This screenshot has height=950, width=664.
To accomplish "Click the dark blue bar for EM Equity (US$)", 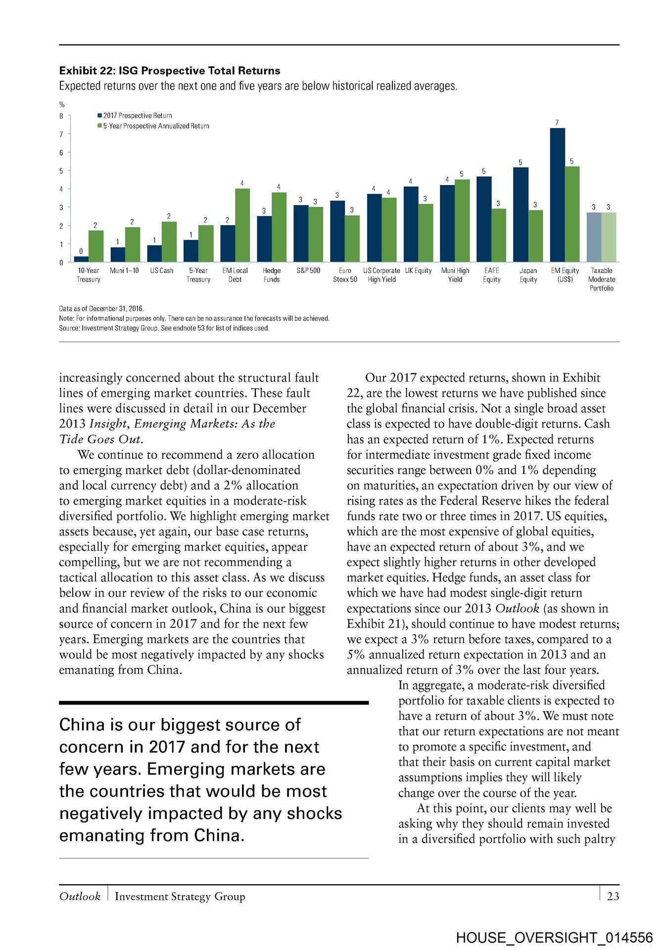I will click(557, 195).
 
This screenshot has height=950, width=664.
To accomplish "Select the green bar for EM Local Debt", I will click(242, 225).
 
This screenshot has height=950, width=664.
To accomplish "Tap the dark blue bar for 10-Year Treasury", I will click(81, 259).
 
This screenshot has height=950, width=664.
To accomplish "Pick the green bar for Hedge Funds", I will click(279, 227).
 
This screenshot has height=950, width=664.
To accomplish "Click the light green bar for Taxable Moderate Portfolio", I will click(609, 237).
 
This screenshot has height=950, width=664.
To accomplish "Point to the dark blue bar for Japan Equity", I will click(521, 215).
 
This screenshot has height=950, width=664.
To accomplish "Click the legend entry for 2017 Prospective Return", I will click(135, 116).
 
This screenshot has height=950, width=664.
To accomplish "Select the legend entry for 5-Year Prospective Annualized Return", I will click(153, 126).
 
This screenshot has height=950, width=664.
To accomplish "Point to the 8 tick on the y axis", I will click(61, 116).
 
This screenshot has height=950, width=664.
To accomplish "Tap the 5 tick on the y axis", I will click(61, 171).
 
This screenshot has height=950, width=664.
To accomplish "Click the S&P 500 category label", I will click(308, 271).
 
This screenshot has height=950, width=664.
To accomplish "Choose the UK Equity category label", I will click(418, 271).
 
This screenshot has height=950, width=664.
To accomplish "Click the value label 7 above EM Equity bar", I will click(557, 122).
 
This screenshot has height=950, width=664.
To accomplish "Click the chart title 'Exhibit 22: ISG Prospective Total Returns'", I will click(170, 71).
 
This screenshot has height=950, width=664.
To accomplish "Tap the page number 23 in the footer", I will click(613, 896).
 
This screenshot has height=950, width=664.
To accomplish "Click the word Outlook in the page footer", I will click(80, 896).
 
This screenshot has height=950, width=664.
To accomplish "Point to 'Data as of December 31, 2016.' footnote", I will click(101, 309).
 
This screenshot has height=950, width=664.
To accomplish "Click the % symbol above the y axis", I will click(62, 105).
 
